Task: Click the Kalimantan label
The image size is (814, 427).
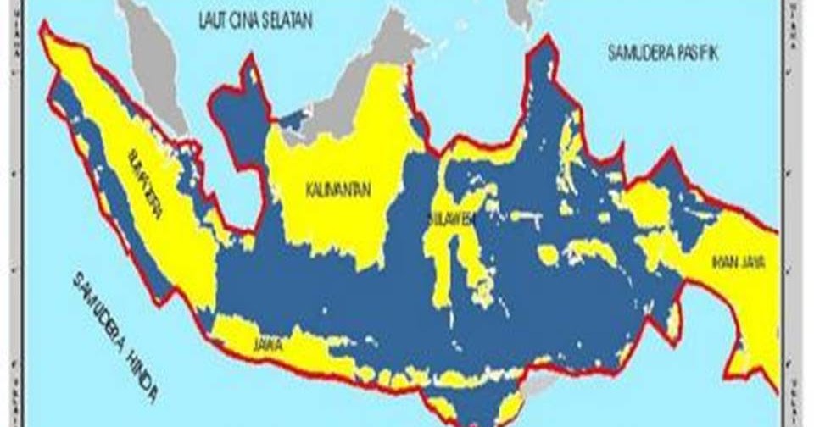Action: click(x=337, y=191)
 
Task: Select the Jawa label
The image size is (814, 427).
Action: click(x=266, y=346)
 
